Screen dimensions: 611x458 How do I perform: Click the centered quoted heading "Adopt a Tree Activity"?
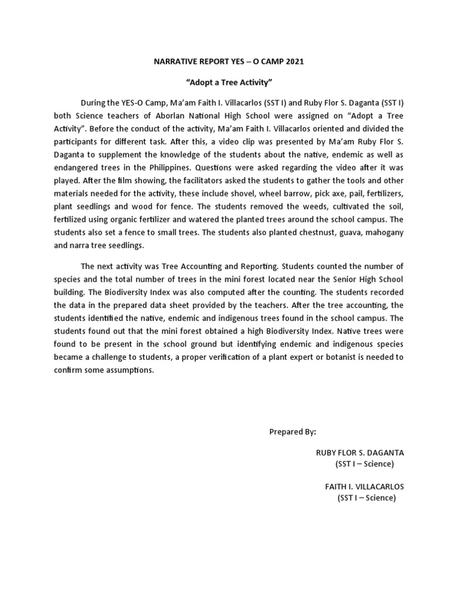click(x=228, y=82)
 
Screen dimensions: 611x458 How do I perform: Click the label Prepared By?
click(x=292, y=431)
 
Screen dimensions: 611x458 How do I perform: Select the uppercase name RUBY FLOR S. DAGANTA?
click(x=360, y=453)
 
